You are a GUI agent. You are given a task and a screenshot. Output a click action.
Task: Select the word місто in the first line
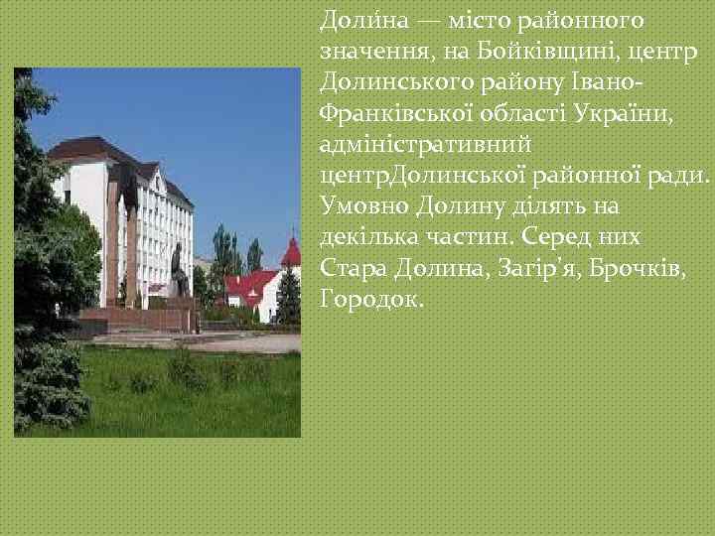point(453,21)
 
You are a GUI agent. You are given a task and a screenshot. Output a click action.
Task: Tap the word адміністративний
point(426,145)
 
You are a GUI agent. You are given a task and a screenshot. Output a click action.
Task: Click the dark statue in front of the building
point(179,271)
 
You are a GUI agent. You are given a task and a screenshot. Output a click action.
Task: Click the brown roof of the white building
point(94,150)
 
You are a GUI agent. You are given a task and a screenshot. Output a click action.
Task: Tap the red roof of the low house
point(247,287)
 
